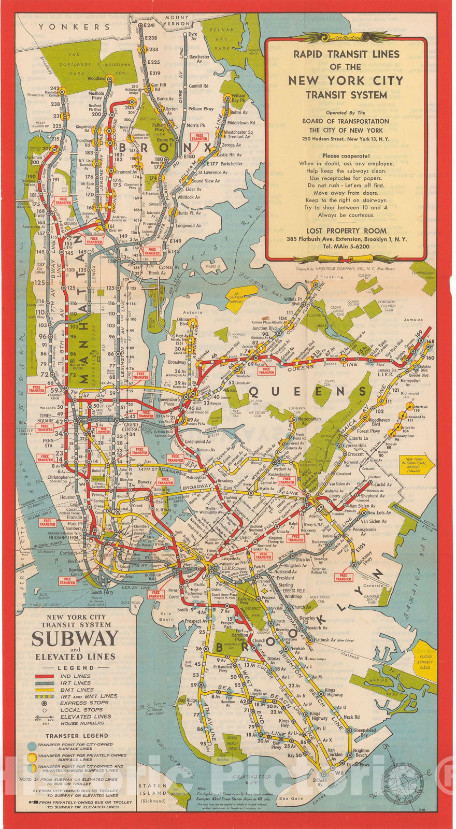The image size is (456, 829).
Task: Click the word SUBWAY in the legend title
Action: point(75,639)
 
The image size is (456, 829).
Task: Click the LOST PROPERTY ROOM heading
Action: point(346,231)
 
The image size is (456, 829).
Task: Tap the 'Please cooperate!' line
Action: point(346,155)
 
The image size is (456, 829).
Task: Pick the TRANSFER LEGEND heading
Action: point(76,735)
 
